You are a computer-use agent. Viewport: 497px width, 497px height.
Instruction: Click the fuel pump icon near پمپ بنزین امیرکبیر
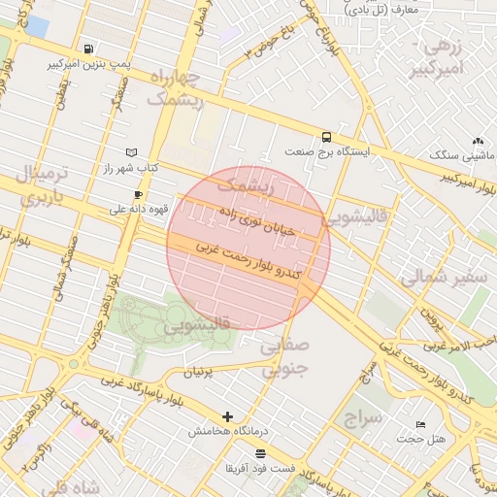click(x=89, y=49)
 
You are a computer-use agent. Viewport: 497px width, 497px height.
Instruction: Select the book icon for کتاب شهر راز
click(x=132, y=152)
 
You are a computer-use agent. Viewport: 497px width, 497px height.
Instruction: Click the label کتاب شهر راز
click(x=131, y=168)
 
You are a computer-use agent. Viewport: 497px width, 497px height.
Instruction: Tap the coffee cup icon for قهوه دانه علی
click(x=139, y=194)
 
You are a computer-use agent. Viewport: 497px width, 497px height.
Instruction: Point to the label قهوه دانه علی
click(x=139, y=209)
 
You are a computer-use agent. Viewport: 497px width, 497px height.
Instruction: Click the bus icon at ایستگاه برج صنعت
click(x=325, y=137)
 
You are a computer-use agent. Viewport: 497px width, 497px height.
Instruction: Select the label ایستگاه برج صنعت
click(x=325, y=152)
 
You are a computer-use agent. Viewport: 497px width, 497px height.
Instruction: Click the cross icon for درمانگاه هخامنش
click(x=228, y=415)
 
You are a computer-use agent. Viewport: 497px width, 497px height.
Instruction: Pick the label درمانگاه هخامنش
click(x=228, y=431)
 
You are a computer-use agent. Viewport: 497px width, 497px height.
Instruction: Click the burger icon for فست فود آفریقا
click(x=259, y=453)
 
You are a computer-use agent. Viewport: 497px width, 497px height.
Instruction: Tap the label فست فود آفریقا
click(x=259, y=469)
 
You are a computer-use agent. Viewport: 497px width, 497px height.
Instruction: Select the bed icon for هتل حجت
click(x=420, y=424)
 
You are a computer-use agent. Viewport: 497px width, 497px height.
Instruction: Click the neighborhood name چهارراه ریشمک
click(x=176, y=87)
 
